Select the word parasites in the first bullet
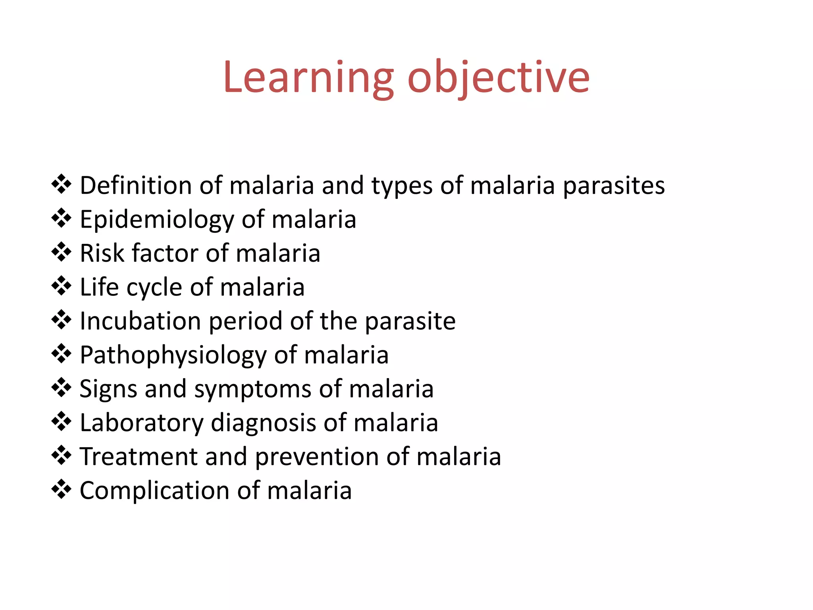pyautogui.click(x=614, y=185)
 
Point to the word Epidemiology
pyautogui.click(x=157, y=220)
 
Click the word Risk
pyautogui.click(x=102, y=253)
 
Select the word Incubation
pyautogui.click(x=140, y=321)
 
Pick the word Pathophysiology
pyautogui.click(x=173, y=355)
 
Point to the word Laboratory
pyautogui.click(x=141, y=423)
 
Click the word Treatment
pyautogui.click(x=139, y=456)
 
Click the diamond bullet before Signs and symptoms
pyautogui.click(x=62, y=387)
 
